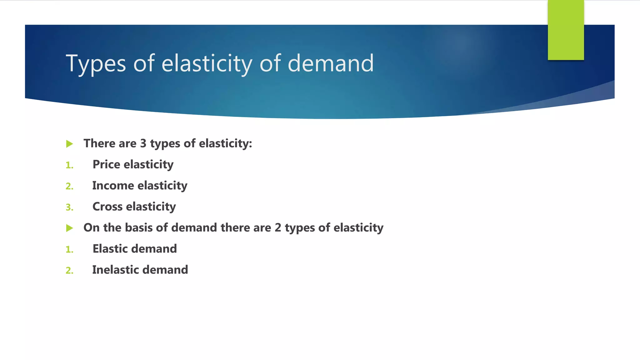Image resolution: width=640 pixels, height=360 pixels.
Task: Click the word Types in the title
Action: click(x=96, y=63)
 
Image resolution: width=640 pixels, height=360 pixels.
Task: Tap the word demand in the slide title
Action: click(x=330, y=63)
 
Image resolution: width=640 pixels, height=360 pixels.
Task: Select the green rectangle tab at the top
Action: click(x=566, y=30)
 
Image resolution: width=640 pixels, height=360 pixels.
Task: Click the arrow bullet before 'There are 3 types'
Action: click(x=70, y=144)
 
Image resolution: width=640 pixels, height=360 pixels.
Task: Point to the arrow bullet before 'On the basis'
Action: click(x=70, y=228)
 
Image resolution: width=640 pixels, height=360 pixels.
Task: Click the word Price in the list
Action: click(x=106, y=164)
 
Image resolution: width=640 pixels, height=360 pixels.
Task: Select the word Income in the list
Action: click(x=113, y=186)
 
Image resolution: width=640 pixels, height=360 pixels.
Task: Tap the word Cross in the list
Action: click(x=107, y=207)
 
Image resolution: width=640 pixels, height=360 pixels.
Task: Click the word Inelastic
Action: click(x=115, y=270)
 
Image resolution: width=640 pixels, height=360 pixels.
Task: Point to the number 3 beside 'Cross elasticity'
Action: click(x=69, y=207)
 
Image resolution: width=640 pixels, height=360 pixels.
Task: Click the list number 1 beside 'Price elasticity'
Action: click(x=69, y=165)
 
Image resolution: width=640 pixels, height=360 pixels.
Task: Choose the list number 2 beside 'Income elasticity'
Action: click(x=69, y=186)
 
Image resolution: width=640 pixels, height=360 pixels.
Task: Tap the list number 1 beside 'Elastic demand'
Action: click(x=69, y=249)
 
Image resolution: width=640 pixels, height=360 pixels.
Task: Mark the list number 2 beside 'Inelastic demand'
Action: click(x=69, y=270)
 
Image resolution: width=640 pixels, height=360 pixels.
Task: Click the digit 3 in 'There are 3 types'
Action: click(x=143, y=143)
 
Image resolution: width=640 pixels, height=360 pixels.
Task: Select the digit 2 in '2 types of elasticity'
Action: click(x=278, y=228)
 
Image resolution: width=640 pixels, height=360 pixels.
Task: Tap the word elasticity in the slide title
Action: click(x=207, y=63)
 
